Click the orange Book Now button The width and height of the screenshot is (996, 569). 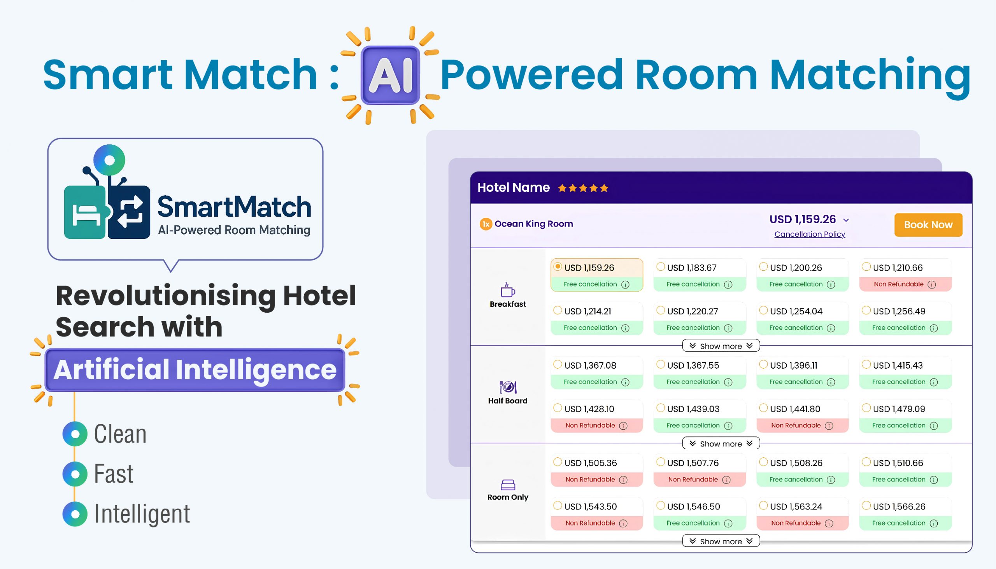coord(928,225)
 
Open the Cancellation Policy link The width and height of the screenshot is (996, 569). coord(810,234)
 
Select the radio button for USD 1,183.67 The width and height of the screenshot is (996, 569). coord(661,266)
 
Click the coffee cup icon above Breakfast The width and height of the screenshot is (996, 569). coord(508,290)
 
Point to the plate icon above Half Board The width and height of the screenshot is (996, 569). coord(508,387)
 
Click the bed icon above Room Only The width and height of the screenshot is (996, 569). coord(508,485)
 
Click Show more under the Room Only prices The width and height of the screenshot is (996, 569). coord(721,541)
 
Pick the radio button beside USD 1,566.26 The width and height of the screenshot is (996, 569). coord(866,505)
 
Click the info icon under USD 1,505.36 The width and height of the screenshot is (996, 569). coord(624,480)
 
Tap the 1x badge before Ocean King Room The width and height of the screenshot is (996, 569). coord(486,224)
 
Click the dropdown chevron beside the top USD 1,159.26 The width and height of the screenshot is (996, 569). coord(846,221)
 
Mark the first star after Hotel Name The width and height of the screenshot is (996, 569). coord(562,188)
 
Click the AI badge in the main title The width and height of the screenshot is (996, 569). coord(390,75)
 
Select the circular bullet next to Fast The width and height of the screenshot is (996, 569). coord(75,474)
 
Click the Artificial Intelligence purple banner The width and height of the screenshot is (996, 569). coord(195,370)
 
